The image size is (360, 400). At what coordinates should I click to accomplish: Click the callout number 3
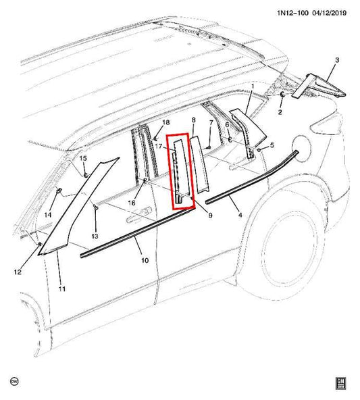tap(336, 61)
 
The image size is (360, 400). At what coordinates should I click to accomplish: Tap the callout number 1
tap(252, 86)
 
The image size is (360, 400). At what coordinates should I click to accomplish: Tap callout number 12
tap(18, 272)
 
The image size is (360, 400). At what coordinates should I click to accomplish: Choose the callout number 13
tap(95, 236)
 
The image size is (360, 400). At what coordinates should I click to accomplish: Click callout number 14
tap(48, 216)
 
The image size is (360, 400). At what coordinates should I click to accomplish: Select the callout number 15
tap(84, 159)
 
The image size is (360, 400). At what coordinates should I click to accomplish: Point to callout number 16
tap(132, 202)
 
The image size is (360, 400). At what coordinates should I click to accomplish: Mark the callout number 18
tap(166, 122)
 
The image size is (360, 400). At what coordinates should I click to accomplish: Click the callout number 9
tap(210, 216)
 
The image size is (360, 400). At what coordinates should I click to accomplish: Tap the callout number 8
tap(194, 120)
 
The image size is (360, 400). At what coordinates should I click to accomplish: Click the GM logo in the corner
tap(342, 382)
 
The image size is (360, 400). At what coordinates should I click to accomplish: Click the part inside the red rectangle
tap(181, 172)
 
